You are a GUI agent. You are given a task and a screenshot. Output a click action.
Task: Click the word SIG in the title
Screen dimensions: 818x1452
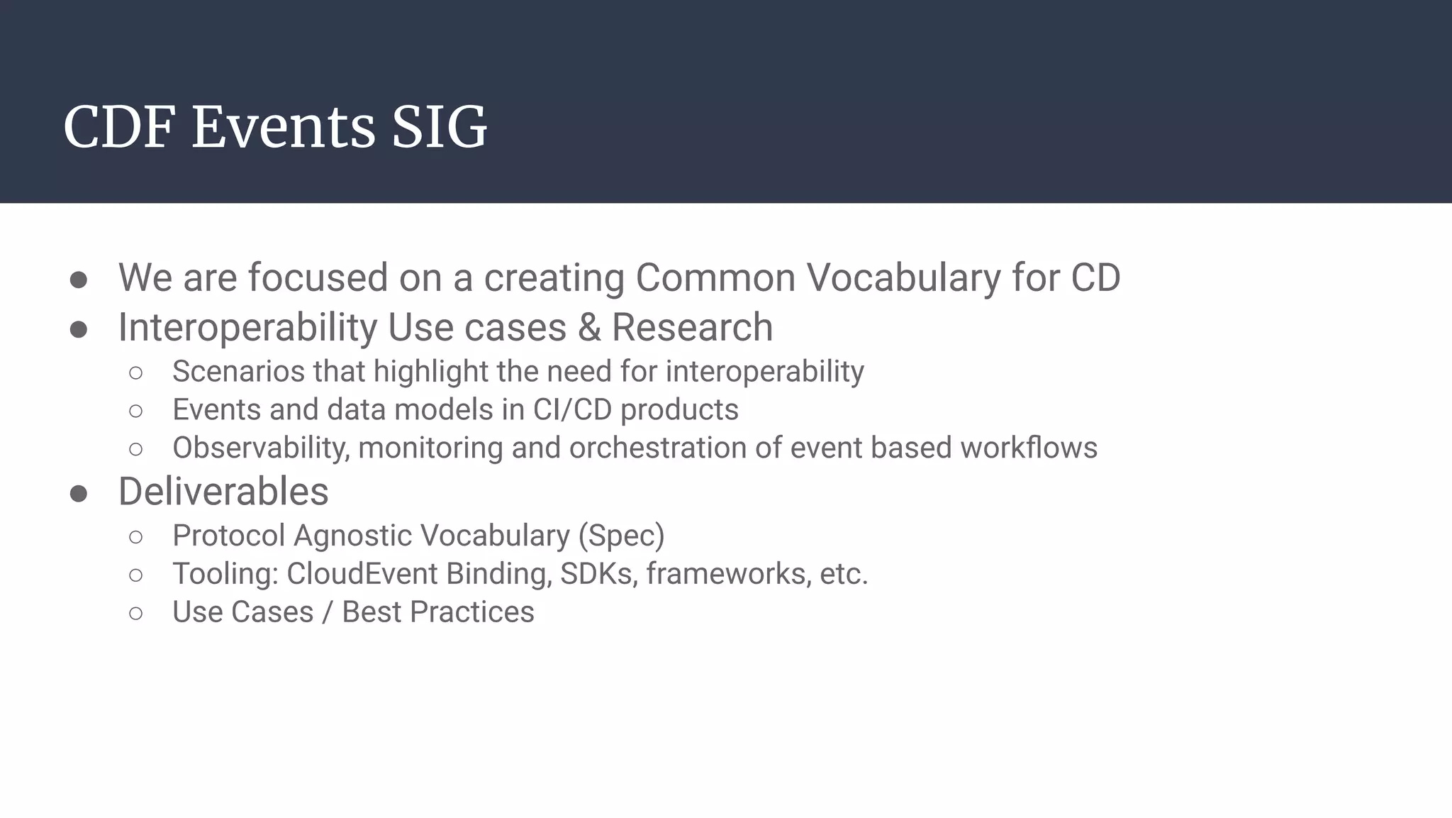(439, 128)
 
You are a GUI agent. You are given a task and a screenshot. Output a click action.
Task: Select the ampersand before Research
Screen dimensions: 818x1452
(588, 328)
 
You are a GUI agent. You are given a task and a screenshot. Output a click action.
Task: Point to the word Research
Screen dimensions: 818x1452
(692, 328)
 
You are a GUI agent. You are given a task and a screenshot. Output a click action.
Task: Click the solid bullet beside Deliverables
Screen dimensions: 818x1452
(79, 493)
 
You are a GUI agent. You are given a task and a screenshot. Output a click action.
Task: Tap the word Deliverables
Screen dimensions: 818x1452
(223, 492)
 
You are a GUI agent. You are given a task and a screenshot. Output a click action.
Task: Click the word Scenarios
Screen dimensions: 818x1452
(238, 372)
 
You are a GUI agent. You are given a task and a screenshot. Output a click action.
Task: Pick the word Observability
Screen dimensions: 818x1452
(261, 448)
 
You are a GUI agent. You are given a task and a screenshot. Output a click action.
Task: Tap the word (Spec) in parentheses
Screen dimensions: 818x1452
(621, 536)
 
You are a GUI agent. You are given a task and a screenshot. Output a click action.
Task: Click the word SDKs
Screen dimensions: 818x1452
(598, 574)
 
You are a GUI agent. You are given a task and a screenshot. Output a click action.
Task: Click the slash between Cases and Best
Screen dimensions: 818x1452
(327, 613)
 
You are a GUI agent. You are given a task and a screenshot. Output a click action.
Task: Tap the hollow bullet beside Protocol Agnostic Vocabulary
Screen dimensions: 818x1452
(136, 537)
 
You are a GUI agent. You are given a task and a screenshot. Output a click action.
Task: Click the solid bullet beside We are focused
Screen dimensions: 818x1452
(79, 280)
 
